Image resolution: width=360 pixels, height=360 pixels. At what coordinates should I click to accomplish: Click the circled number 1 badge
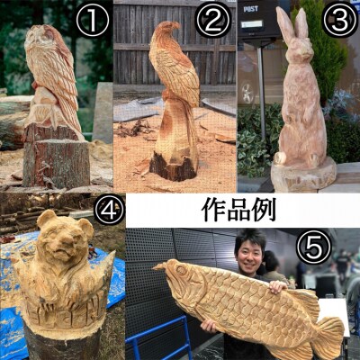point(93,21)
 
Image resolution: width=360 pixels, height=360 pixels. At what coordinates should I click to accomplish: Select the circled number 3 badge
point(340,21)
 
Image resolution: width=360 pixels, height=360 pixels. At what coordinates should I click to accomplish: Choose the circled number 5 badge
point(313,247)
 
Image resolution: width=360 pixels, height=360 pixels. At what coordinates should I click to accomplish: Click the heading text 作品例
point(238,211)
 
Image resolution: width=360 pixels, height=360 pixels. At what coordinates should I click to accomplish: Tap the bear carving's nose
point(63,240)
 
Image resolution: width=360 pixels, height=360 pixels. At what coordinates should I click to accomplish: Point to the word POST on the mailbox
point(251,9)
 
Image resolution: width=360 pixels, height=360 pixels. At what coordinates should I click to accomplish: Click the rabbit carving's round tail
point(281,157)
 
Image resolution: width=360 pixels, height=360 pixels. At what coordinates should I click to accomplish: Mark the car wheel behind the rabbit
point(248,93)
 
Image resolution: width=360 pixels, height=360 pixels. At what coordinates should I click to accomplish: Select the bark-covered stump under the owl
point(56,156)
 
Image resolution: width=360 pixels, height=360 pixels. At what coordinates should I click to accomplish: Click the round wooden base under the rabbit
point(303,175)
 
